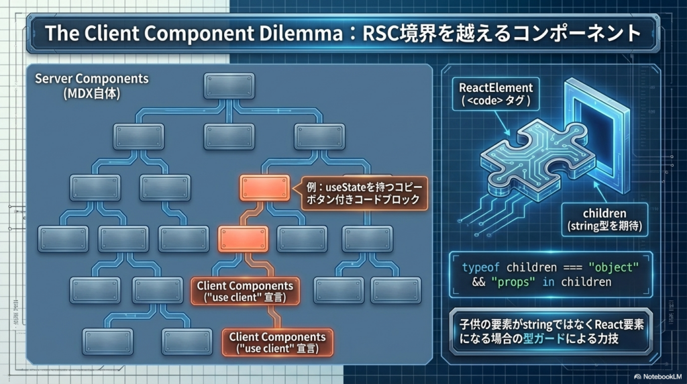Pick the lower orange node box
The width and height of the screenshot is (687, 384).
243,238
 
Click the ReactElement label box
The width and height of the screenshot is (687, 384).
496,94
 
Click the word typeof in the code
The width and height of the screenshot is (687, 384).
481,267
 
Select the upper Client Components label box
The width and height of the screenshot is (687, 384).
245,291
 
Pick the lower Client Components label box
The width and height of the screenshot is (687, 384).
277,342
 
